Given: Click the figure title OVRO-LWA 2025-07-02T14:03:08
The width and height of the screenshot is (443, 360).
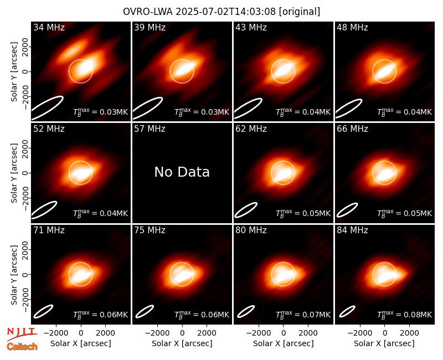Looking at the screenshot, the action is pos(199,12).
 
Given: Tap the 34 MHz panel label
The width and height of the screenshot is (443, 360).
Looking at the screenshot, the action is pos(49,27).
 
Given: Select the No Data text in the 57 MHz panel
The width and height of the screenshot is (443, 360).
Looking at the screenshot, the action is pos(182,172).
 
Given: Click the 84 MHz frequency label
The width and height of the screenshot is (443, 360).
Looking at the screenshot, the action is pos(352,230).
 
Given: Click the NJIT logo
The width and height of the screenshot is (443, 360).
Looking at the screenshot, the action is pos(22,333).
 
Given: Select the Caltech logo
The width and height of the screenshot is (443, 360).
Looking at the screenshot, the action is pos(22,347).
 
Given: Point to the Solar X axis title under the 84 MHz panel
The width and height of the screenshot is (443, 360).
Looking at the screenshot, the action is pos(384,343).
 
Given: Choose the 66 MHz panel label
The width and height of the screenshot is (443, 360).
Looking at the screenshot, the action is pos(352,129).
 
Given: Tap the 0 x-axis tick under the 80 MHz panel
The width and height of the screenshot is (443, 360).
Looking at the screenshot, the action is pos(284,333).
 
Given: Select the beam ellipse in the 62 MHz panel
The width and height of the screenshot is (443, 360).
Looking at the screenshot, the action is pos(246,210).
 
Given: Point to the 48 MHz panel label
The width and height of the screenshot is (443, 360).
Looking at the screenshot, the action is pos(352,27).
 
